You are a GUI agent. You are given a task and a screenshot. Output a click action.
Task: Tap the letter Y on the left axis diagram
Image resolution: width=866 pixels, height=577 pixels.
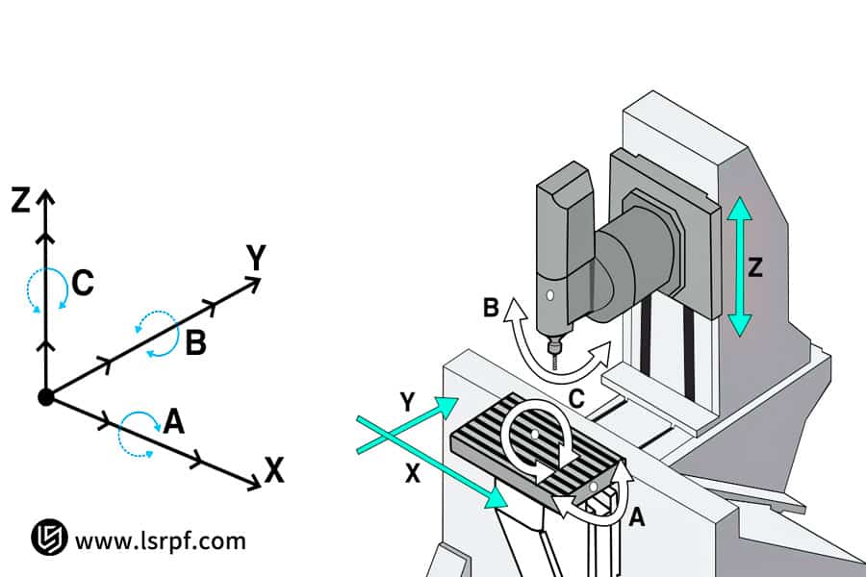click(x=256, y=258)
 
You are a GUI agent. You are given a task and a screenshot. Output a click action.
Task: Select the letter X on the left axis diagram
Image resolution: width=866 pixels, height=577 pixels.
click(x=274, y=470)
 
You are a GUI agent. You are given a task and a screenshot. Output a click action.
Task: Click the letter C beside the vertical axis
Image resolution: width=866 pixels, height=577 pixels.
click(x=83, y=284)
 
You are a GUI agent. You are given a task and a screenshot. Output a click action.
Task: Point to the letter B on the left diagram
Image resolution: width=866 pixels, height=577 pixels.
click(x=195, y=343)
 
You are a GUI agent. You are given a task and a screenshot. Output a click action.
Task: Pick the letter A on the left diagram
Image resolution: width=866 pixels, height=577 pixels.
click(x=173, y=421)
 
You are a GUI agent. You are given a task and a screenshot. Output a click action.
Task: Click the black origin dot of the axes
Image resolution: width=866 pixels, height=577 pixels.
click(x=45, y=396)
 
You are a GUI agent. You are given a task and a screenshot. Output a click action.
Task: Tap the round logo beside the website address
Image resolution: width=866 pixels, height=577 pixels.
click(x=48, y=538)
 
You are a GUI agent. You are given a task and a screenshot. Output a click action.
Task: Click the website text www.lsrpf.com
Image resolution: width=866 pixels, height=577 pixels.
click(x=160, y=540)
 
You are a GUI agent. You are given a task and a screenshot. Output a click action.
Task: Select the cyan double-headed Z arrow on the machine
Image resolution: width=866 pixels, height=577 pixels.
click(x=738, y=265)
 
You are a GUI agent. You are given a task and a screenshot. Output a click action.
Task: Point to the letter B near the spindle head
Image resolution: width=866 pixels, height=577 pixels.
click(x=490, y=308)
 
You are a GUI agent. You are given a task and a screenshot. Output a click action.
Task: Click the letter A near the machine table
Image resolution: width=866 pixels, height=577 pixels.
click(x=635, y=518)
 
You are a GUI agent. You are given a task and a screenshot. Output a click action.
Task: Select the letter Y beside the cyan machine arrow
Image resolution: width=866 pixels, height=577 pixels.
click(x=407, y=404)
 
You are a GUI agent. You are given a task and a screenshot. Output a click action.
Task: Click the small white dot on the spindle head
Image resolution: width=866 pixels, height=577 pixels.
click(x=548, y=294)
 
